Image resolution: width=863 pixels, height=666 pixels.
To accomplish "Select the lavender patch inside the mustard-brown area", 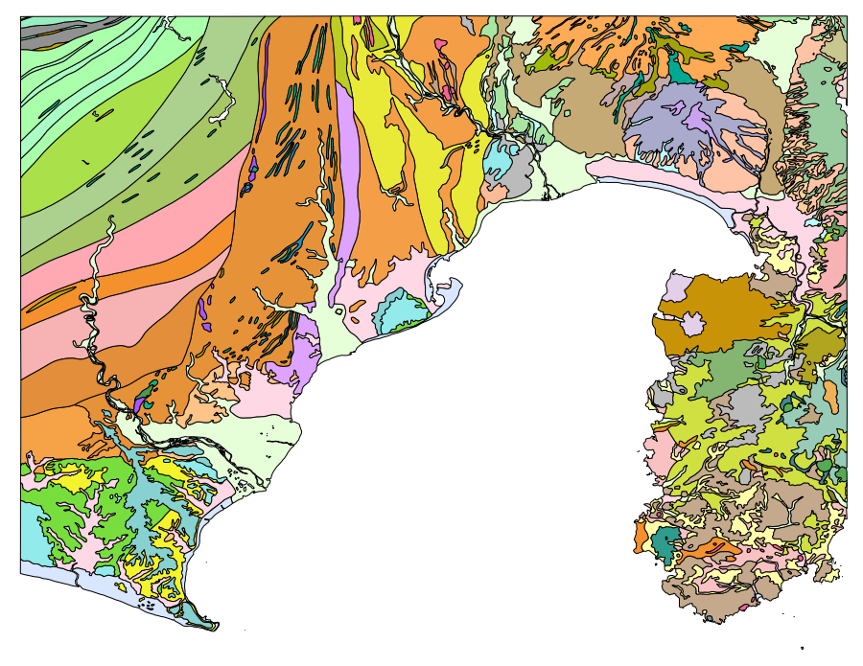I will click(x=691, y=324).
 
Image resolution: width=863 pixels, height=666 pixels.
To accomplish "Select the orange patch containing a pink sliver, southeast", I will click(x=710, y=550).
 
